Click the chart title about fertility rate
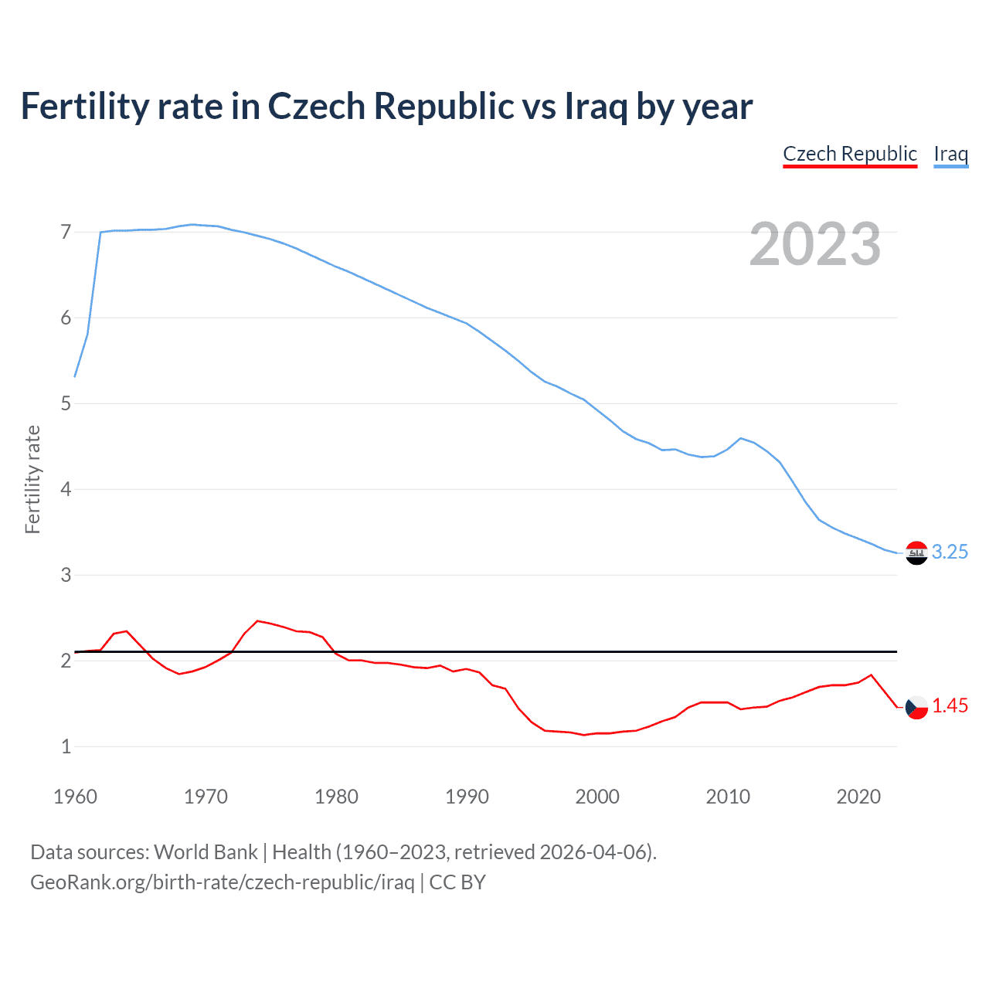pyautogui.click(x=386, y=107)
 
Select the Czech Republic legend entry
pyautogui.click(x=850, y=154)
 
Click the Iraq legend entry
pyautogui.click(x=950, y=154)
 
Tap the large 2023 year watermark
pyautogui.click(x=815, y=244)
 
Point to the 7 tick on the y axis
pyautogui.click(x=66, y=232)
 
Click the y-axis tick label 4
pyautogui.click(x=66, y=489)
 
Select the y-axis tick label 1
pyautogui.click(x=66, y=746)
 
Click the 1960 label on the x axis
pyautogui.click(x=75, y=797)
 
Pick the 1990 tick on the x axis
pyautogui.click(x=467, y=797)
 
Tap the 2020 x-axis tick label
pyautogui.click(x=858, y=797)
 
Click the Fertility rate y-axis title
pyautogui.click(x=32, y=479)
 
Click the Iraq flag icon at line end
pyautogui.click(x=916, y=552)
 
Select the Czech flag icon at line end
pyautogui.click(x=916, y=706)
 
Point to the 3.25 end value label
pyautogui.click(x=950, y=552)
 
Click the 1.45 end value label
pyautogui.click(x=950, y=705)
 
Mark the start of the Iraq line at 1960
pyautogui.click(x=75, y=376)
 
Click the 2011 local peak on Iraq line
pyautogui.click(x=741, y=438)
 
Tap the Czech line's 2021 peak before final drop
pyautogui.click(x=872, y=675)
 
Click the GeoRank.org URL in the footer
pyautogui.click(x=223, y=882)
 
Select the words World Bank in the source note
pyautogui.click(x=206, y=851)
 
